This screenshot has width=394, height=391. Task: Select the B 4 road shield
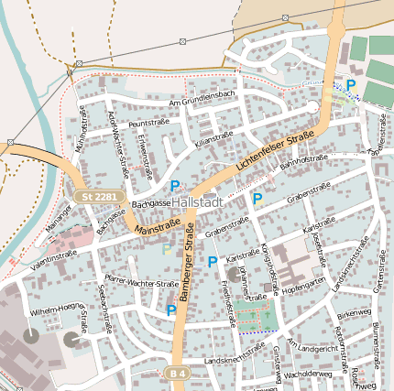(178, 374)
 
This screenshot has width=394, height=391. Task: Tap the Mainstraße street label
(157, 225)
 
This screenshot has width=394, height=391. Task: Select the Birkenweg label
(353, 313)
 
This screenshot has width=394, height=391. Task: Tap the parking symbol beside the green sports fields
(350, 85)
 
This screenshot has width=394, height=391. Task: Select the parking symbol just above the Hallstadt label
(174, 186)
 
